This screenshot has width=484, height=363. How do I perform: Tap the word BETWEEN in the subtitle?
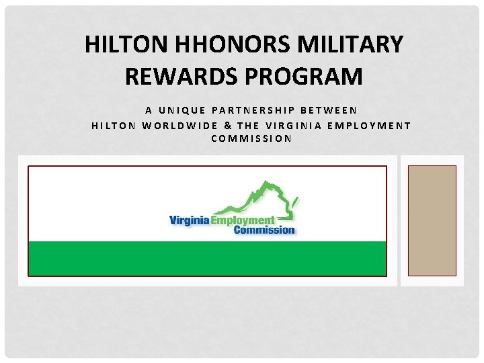click(333, 110)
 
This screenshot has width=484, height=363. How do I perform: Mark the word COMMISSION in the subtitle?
click(251, 139)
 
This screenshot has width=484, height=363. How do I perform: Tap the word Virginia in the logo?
click(188, 220)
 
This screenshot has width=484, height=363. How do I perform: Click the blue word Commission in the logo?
click(264, 230)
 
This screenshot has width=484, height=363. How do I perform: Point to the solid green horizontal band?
click(207, 258)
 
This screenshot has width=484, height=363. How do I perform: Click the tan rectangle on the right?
click(432, 220)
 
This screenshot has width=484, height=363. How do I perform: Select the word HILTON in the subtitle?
click(114, 124)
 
